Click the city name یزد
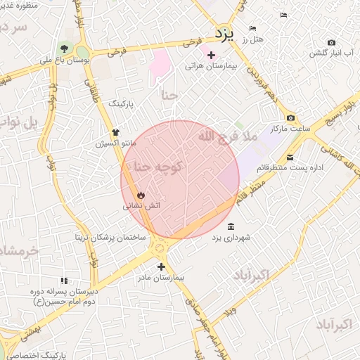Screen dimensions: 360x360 223,33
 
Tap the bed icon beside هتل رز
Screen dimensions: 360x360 252,29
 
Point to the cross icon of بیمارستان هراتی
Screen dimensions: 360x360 212,55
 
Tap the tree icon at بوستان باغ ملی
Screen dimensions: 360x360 65,49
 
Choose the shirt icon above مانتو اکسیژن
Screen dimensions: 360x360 116,131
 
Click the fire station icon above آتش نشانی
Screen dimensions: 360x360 141,195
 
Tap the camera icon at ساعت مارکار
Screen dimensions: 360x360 290,118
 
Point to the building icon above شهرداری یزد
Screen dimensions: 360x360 231,226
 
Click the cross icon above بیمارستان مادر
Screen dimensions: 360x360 162,266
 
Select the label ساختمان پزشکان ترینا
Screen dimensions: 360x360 111,237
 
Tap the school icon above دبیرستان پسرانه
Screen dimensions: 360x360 65,281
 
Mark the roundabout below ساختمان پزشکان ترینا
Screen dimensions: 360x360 161,248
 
